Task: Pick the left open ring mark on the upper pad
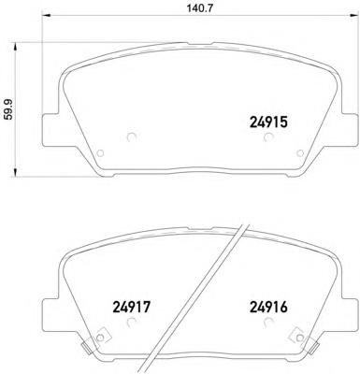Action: click(x=130, y=137)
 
